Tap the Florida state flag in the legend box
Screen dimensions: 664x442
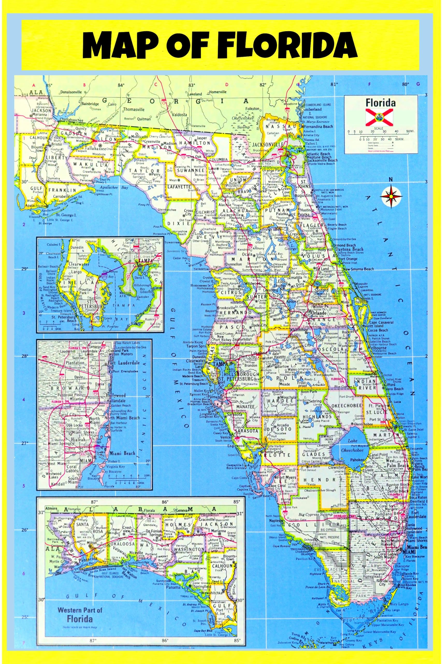(x=381, y=117)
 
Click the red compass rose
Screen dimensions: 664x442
(x=391, y=195)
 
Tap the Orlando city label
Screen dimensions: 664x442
(x=318, y=313)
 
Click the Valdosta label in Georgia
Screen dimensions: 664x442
(x=179, y=115)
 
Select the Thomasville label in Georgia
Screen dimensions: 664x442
(x=134, y=109)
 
